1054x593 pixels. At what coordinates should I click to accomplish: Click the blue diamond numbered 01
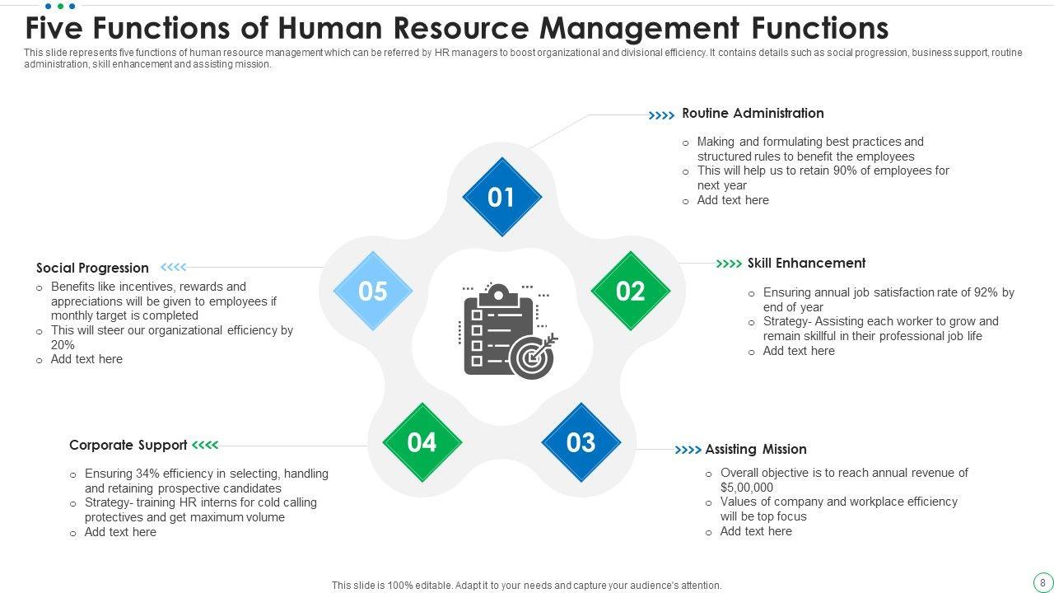click(501, 198)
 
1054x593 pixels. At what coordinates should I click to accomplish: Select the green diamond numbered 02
click(631, 292)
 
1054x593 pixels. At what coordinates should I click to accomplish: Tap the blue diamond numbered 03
click(581, 443)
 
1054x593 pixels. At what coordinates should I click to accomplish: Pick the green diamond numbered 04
click(422, 443)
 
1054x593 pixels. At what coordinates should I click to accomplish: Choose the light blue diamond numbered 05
click(373, 292)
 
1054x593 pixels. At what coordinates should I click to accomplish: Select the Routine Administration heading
click(753, 114)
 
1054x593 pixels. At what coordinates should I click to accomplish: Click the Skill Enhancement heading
click(806, 264)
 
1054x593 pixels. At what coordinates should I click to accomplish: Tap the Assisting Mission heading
click(755, 450)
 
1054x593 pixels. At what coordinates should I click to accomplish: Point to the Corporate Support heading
click(128, 446)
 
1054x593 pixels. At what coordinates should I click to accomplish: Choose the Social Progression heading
click(92, 268)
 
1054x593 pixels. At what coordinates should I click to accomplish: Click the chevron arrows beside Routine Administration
click(661, 116)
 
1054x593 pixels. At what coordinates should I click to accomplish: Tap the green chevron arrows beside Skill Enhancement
click(729, 264)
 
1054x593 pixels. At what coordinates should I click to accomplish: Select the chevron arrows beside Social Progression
click(174, 267)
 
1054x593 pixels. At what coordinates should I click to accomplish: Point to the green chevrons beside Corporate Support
click(205, 446)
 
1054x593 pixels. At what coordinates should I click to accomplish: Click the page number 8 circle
click(1042, 583)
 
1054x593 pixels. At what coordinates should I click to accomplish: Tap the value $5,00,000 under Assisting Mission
click(747, 488)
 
